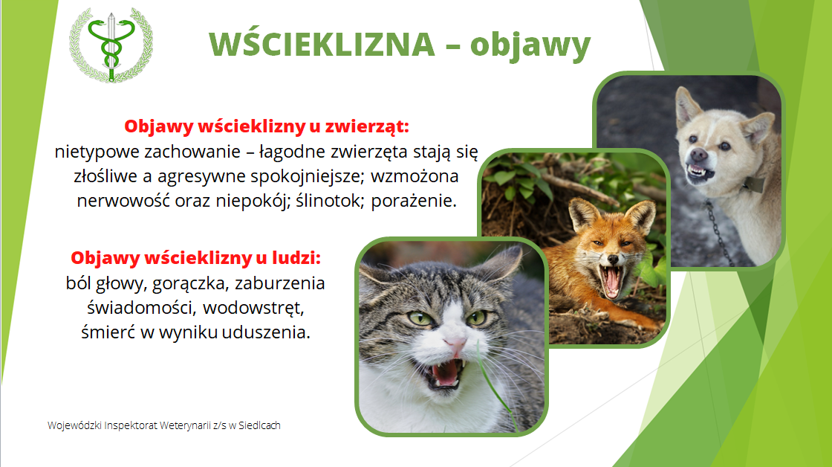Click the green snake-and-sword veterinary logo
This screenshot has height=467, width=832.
point(111,45)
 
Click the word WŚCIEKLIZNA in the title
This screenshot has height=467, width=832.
point(322,44)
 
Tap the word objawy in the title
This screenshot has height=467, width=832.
point(530,45)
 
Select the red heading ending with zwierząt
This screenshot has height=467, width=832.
point(267,126)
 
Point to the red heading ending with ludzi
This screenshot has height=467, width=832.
point(196,258)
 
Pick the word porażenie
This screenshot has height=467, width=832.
point(414,202)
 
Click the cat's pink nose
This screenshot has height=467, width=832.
point(455,347)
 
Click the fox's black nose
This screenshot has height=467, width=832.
point(614,260)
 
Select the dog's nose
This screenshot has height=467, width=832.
point(699,155)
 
